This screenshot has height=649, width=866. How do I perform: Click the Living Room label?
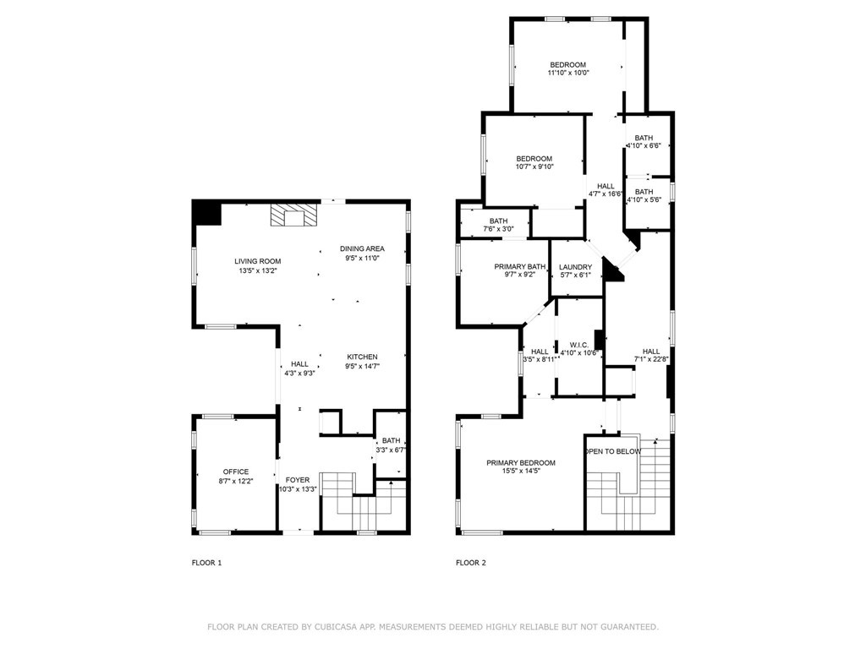(257, 262)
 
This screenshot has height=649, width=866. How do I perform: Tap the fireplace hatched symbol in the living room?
(294, 215)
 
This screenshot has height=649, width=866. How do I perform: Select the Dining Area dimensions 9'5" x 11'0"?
(362, 258)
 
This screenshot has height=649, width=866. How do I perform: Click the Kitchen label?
(362, 357)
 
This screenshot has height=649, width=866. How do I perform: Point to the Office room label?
(236, 472)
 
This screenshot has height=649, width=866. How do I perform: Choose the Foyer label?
(298, 480)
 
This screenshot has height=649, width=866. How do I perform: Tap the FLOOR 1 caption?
(206, 563)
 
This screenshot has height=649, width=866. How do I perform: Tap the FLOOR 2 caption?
(471, 563)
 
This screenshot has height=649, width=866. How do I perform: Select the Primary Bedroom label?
(521, 463)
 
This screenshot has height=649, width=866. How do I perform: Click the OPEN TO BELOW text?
(613, 451)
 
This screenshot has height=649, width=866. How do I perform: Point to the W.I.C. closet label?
(579, 345)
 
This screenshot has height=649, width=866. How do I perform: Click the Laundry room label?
(575, 267)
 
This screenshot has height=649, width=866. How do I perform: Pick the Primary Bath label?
(520, 266)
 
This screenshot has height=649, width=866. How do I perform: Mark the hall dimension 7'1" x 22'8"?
(651, 359)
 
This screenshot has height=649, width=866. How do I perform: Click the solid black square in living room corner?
(208, 212)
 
